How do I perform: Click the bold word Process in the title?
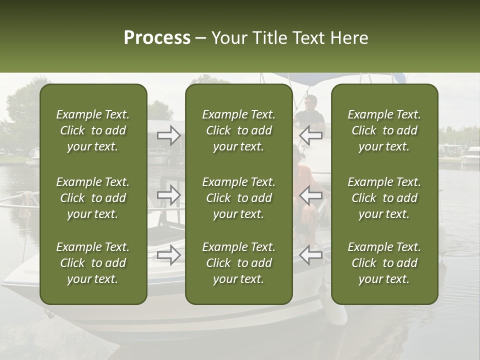pos(157,38)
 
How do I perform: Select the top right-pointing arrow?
pos(169,135)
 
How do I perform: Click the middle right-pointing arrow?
pos(169,195)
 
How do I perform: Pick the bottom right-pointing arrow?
pos(169,255)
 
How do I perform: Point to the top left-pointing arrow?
pos(310,135)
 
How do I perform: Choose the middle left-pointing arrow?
pos(310,195)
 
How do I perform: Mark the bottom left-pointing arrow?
pos(310,255)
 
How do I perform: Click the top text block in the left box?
pos(93,130)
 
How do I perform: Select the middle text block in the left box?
pos(93,198)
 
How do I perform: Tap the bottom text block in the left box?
pos(93,263)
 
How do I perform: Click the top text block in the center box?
pos(238,130)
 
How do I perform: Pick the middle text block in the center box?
pos(238,198)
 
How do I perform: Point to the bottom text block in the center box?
pos(238,263)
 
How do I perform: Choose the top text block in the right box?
pos(384,130)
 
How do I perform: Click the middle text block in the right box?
pos(384,198)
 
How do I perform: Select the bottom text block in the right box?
pos(384,263)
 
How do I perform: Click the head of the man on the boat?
pos(310,102)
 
